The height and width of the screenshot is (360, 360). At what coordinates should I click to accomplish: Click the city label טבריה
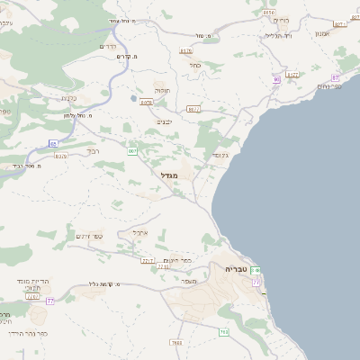click(236, 269)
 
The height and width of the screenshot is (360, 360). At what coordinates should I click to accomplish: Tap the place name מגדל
click(169, 175)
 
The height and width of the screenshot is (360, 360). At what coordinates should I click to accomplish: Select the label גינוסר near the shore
click(220, 155)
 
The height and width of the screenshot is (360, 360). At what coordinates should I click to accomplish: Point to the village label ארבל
click(139, 232)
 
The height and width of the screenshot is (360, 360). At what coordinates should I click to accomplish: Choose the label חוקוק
click(161, 91)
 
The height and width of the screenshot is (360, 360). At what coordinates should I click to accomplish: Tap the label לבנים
click(164, 121)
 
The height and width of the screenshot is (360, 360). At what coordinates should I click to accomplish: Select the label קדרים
click(108, 45)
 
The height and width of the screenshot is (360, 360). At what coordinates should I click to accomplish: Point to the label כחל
click(194, 65)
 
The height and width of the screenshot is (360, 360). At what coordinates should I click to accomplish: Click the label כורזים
click(281, 20)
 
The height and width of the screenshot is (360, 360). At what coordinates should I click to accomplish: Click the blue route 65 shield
click(53, 143)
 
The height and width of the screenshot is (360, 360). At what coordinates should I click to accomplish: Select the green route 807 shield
click(132, 151)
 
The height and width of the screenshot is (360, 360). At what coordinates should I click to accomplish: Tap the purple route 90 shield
click(276, 79)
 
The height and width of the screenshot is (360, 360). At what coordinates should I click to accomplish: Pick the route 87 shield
click(336, 78)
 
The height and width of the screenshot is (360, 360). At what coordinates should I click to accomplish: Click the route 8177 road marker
click(292, 75)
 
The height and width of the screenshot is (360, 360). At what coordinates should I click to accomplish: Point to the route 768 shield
click(223, 332)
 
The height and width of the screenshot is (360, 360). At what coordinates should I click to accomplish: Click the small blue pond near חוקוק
click(134, 98)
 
